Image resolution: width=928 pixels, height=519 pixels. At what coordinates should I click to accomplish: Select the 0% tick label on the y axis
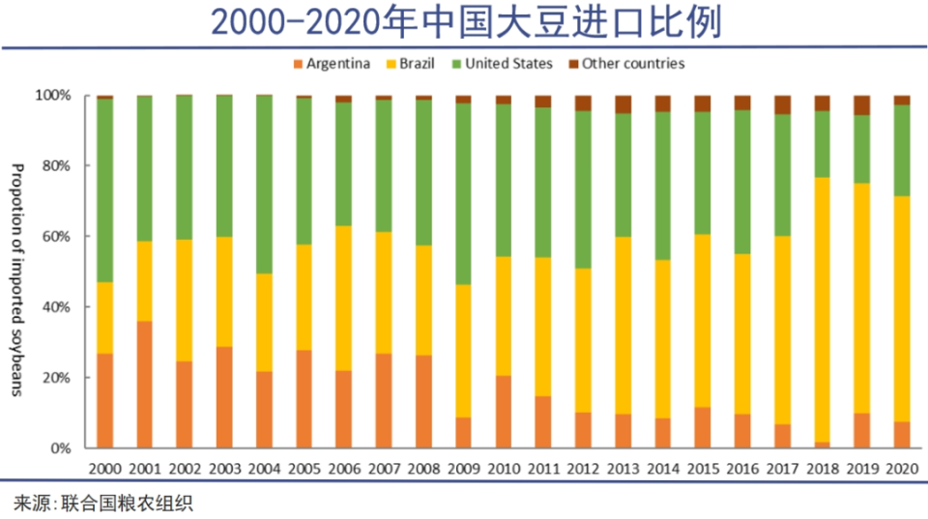60,448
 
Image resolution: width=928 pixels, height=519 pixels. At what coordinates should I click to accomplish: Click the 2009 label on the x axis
463,468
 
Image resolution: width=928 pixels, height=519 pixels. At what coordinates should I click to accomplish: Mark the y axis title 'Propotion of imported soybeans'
16,280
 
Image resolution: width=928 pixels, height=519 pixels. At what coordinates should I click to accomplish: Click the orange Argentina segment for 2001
145,384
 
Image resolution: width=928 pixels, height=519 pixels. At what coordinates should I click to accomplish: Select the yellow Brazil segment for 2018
822,309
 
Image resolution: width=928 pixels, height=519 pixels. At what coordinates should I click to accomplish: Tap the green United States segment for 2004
264,185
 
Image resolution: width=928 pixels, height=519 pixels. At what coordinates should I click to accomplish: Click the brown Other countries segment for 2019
861,105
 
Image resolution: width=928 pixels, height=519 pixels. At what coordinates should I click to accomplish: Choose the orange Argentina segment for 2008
423,401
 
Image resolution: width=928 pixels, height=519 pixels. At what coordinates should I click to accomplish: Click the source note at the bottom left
96,504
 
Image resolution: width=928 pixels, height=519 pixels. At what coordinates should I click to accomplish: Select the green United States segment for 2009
463,193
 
